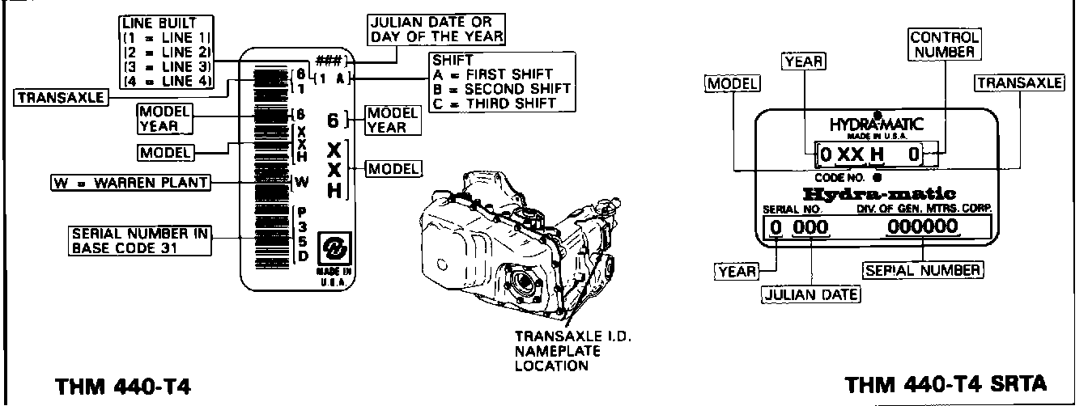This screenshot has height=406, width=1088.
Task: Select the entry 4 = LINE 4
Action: tap(167, 81)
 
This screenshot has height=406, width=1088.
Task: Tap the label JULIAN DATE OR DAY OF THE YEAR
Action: tap(436, 29)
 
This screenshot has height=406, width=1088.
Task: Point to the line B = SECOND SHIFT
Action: tap(502, 88)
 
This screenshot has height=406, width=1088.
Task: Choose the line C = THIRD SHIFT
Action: tap(494, 103)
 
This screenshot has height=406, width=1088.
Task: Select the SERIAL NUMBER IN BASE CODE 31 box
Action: tap(139, 239)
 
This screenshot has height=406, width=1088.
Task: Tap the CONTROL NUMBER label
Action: tap(945, 44)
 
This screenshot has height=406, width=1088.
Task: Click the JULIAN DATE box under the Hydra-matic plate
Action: tap(811, 294)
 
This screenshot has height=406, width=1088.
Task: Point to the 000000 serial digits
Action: tap(923, 227)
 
